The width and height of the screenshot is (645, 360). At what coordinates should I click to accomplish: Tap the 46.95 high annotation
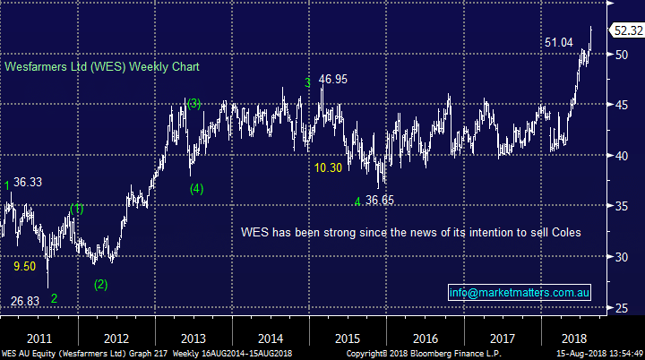click(331, 80)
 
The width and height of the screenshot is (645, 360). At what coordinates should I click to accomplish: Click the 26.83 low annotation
click(25, 300)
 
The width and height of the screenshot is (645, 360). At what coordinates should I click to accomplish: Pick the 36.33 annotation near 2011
click(28, 182)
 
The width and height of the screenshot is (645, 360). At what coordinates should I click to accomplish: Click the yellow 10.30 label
click(328, 167)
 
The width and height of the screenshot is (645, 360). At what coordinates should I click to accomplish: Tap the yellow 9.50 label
click(24, 266)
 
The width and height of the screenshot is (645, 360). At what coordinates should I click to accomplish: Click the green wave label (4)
click(197, 188)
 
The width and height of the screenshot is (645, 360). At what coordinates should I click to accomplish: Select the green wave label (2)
click(100, 285)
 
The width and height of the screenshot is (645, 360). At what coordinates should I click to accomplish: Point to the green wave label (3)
click(193, 103)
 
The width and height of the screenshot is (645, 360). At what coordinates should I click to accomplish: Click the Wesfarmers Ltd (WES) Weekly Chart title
click(102, 67)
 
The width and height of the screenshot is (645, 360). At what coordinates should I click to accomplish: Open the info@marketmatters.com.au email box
click(517, 293)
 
